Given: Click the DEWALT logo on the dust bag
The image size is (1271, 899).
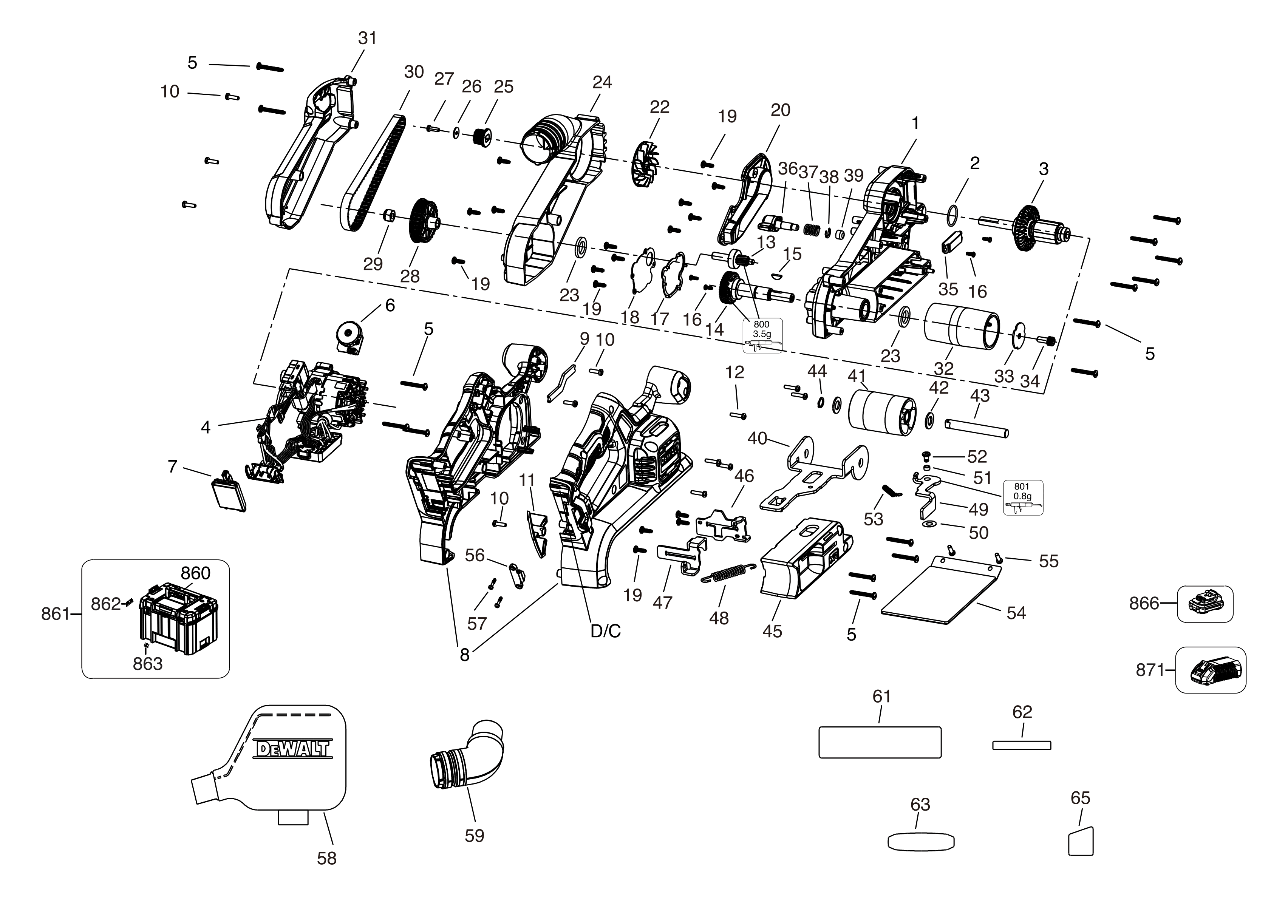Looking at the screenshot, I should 293,749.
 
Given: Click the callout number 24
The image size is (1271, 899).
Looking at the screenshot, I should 602,82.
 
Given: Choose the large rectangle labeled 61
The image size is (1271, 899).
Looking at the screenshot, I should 880,742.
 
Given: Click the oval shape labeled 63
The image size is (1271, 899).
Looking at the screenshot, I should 921,842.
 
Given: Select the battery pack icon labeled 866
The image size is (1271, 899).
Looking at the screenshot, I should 1205,604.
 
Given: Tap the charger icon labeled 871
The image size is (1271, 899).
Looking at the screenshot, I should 1210,670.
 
